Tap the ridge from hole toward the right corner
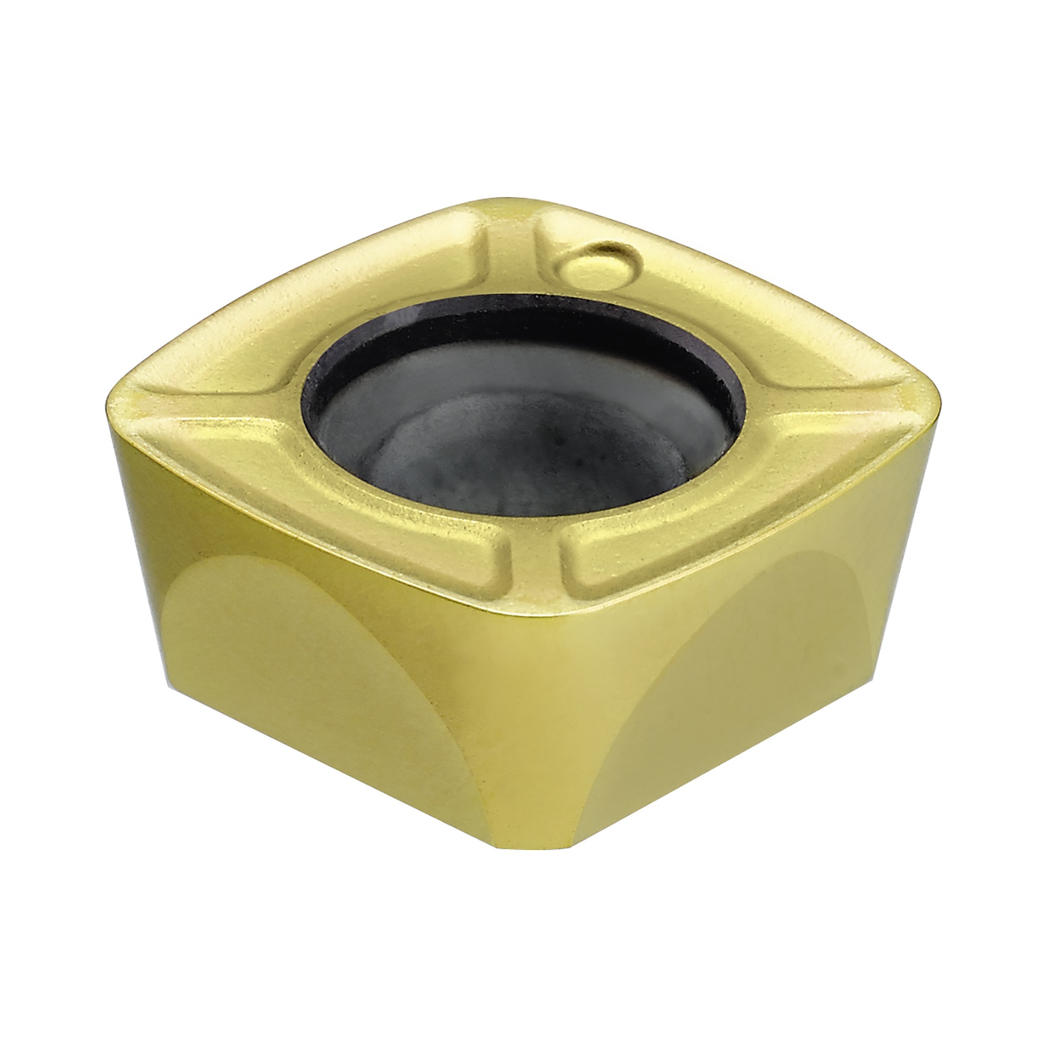pos(811,399)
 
